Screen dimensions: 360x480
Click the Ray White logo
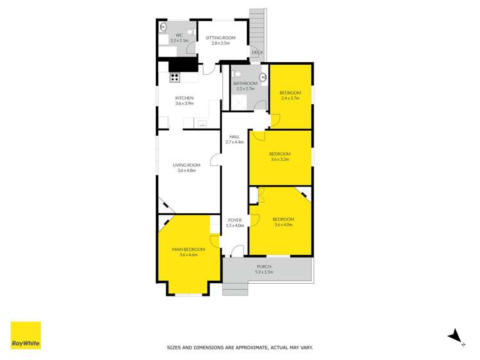tap(26, 335)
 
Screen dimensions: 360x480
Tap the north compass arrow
tap(455, 335)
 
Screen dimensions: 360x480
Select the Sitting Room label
tap(220, 38)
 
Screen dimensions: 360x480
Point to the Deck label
tap(257, 53)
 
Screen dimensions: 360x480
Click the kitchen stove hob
tap(174, 78)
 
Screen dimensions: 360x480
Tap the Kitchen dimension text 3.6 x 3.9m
tap(185, 103)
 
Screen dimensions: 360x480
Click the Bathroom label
tap(245, 83)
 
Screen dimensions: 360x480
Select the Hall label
tap(235, 136)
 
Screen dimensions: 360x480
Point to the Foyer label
tap(235, 220)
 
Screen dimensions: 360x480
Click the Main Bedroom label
tap(188, 249)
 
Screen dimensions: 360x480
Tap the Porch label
tap(264, 266)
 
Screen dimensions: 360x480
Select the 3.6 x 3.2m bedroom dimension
tap(279, 160)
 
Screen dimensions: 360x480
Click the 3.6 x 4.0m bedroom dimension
tap(283, 224)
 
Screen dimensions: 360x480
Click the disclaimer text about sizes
tap(240, 347)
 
